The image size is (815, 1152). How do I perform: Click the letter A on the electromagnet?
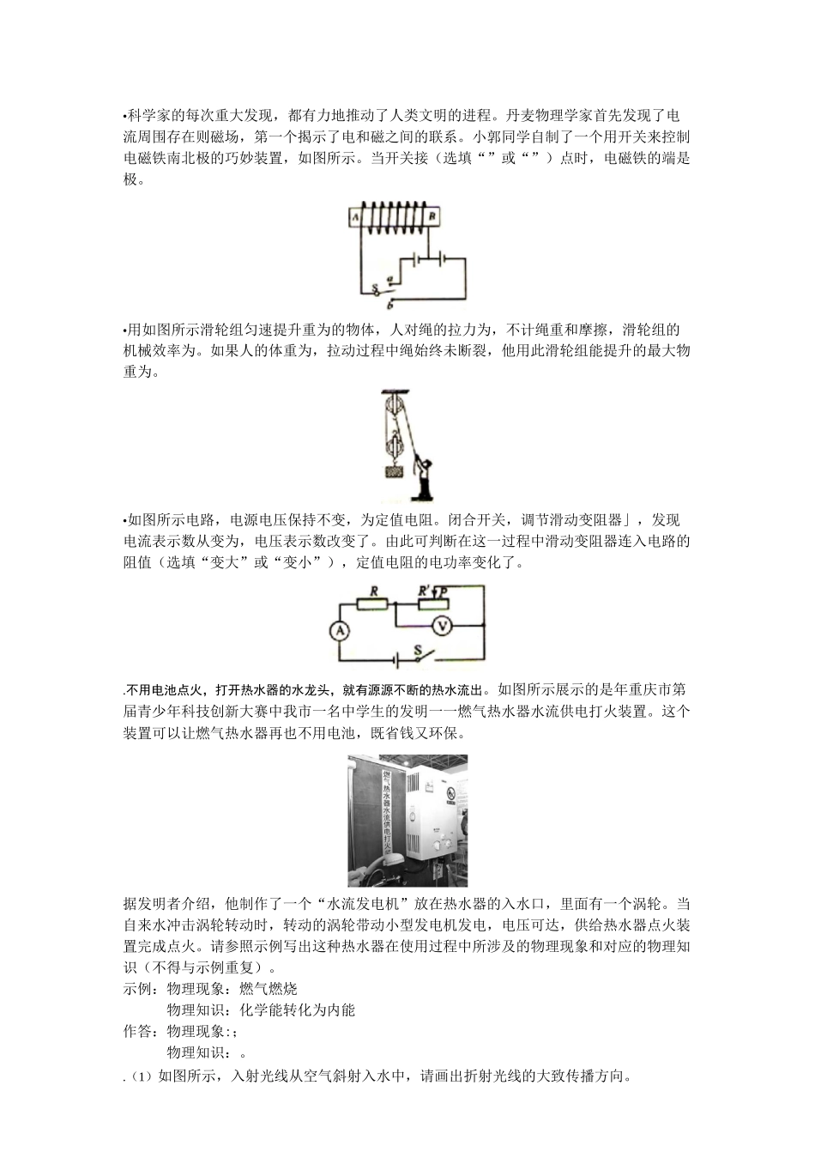(353, 218)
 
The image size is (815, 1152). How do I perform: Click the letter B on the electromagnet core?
(432, 218)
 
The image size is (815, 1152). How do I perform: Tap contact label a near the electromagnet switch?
(391, 278)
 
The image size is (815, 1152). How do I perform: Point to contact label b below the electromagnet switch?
(391, 304)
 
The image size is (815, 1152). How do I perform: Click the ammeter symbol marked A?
(340, 631)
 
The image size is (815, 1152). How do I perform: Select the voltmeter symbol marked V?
(442, 626)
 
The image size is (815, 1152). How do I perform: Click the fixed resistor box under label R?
(373, 604)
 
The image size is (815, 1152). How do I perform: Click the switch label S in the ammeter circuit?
(419, 651)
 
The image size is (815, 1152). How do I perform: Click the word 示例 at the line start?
(137, 988)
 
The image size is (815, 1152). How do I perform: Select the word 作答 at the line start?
(137, 1031)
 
